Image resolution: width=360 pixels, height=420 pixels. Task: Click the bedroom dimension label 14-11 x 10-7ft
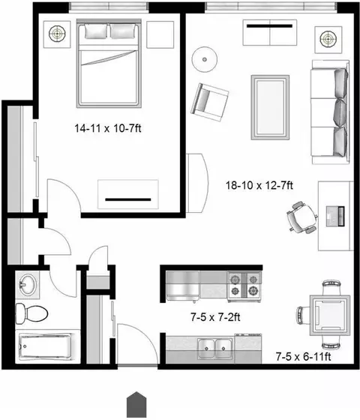tap(108, 128)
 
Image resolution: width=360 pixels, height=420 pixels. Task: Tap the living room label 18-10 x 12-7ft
tap(259, 185)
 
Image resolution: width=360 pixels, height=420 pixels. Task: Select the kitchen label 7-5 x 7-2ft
tap(215, 317)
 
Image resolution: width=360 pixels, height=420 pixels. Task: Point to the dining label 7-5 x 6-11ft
tap(303, 356)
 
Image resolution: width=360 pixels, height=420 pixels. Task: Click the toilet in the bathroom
tap(31, 313)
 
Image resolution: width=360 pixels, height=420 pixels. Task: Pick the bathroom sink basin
tap(28, 285)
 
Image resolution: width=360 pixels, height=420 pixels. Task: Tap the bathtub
tap(45, 346)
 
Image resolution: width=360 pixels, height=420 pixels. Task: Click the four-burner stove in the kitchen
tap(244, 286)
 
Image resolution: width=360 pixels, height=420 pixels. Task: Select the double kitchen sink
tap(214, 348)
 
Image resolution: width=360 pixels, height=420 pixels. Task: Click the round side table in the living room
tap(205, 59)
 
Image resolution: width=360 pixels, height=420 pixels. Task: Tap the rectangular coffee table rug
tap(270, 107)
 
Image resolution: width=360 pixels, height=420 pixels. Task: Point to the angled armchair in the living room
tap(209, 102)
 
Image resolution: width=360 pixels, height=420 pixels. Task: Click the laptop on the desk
tap(335, 216)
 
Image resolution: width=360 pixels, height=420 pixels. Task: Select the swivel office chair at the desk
tap(302, 217)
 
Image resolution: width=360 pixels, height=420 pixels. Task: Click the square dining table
tap(330, 315)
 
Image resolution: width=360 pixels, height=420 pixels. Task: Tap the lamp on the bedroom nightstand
tap(57, 34)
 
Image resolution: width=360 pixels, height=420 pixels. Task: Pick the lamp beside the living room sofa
tap(328, 38)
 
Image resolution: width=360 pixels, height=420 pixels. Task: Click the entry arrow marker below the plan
tap(136, 404)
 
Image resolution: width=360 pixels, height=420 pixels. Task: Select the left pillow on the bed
tap(96, 31)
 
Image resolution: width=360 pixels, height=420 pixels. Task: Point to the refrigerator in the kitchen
tap(183, 286)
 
